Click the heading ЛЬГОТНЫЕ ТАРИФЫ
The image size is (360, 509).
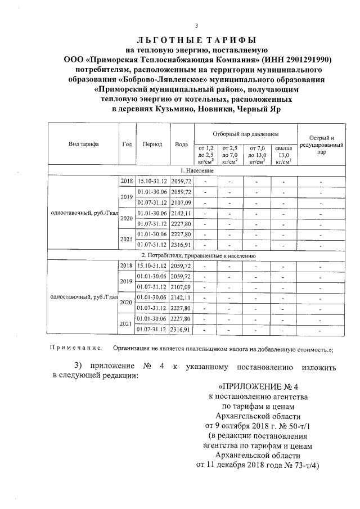[x=196, y=40]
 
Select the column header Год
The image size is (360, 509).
[x=127, y=144]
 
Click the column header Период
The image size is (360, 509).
[x=152, y=144]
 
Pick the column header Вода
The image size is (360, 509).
[x=182, y=144]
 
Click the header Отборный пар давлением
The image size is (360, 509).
[x=246, y=135]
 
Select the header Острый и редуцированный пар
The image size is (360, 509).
[x=321, y=144]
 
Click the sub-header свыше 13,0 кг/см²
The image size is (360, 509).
[x=284, y=154]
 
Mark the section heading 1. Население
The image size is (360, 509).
[x=197, y=170]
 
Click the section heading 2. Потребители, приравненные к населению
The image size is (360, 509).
[x=197, y=255]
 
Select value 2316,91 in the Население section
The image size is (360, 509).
[x=182, y=245]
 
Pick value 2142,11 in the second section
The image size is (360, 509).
[x=182, y=298]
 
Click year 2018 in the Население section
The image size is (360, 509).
[x=126, y=181]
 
